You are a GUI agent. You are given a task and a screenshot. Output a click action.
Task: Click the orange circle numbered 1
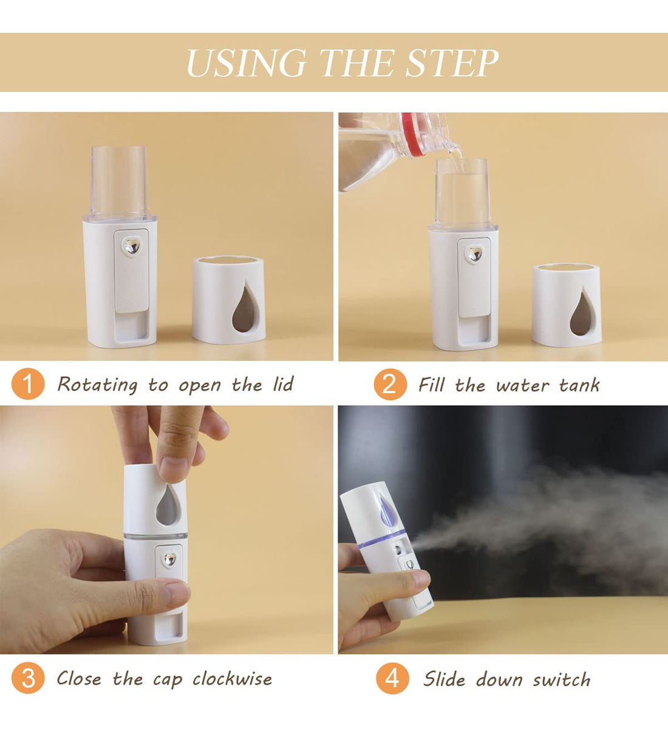click(28, 384)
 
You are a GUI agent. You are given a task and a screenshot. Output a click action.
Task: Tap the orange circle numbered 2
click(390, 384)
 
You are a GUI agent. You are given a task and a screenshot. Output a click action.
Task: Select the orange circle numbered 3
click(28, 678)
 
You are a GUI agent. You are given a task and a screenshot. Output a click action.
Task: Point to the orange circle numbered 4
click(392, 678)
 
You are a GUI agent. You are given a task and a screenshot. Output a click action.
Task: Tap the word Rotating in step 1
click(97, 385)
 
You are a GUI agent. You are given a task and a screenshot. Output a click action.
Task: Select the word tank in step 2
click(579, 385)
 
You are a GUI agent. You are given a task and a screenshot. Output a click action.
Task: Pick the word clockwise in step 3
click(232, 679)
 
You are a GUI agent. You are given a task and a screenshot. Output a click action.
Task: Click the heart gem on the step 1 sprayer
click(132, 246)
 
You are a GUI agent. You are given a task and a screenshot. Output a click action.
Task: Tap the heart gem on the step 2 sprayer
click(475, 254)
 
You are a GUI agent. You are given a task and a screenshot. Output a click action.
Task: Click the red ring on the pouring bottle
click(414, 135)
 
